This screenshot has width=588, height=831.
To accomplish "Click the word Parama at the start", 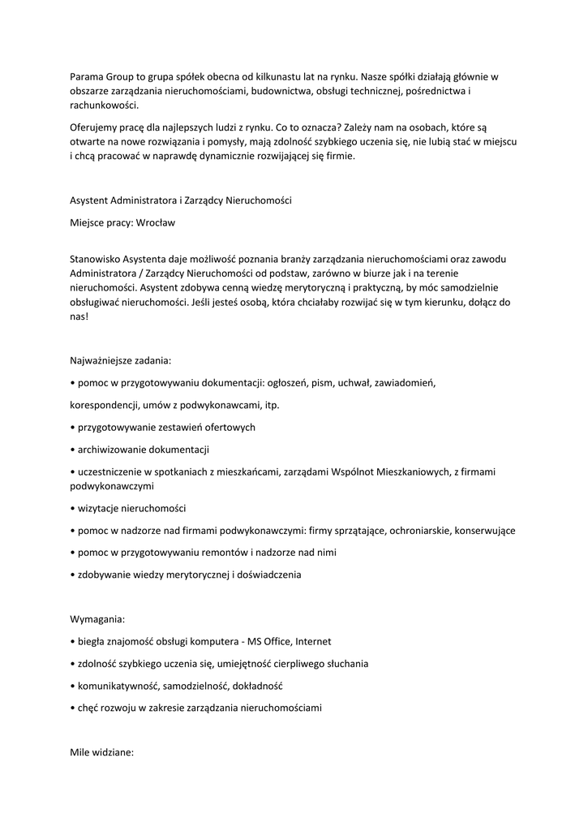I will (x=87, y=77).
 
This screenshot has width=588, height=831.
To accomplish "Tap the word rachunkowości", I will (x=105, y=105).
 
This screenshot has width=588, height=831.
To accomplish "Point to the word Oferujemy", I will (x=94, y=127).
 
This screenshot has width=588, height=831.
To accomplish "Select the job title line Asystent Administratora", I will (x=181, y=200).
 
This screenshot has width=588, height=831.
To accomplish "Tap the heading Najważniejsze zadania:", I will (x=121, y=360).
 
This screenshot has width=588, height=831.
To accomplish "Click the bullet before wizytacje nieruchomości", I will (x=73, y=508).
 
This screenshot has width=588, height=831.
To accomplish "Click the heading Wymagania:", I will (x=97, y=618).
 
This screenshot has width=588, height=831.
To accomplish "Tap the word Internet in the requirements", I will (x=313, y=641).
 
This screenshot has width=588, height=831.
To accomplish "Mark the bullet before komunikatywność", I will (x=73, y=686).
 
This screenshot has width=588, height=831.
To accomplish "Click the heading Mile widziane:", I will (x=101, y=752).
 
